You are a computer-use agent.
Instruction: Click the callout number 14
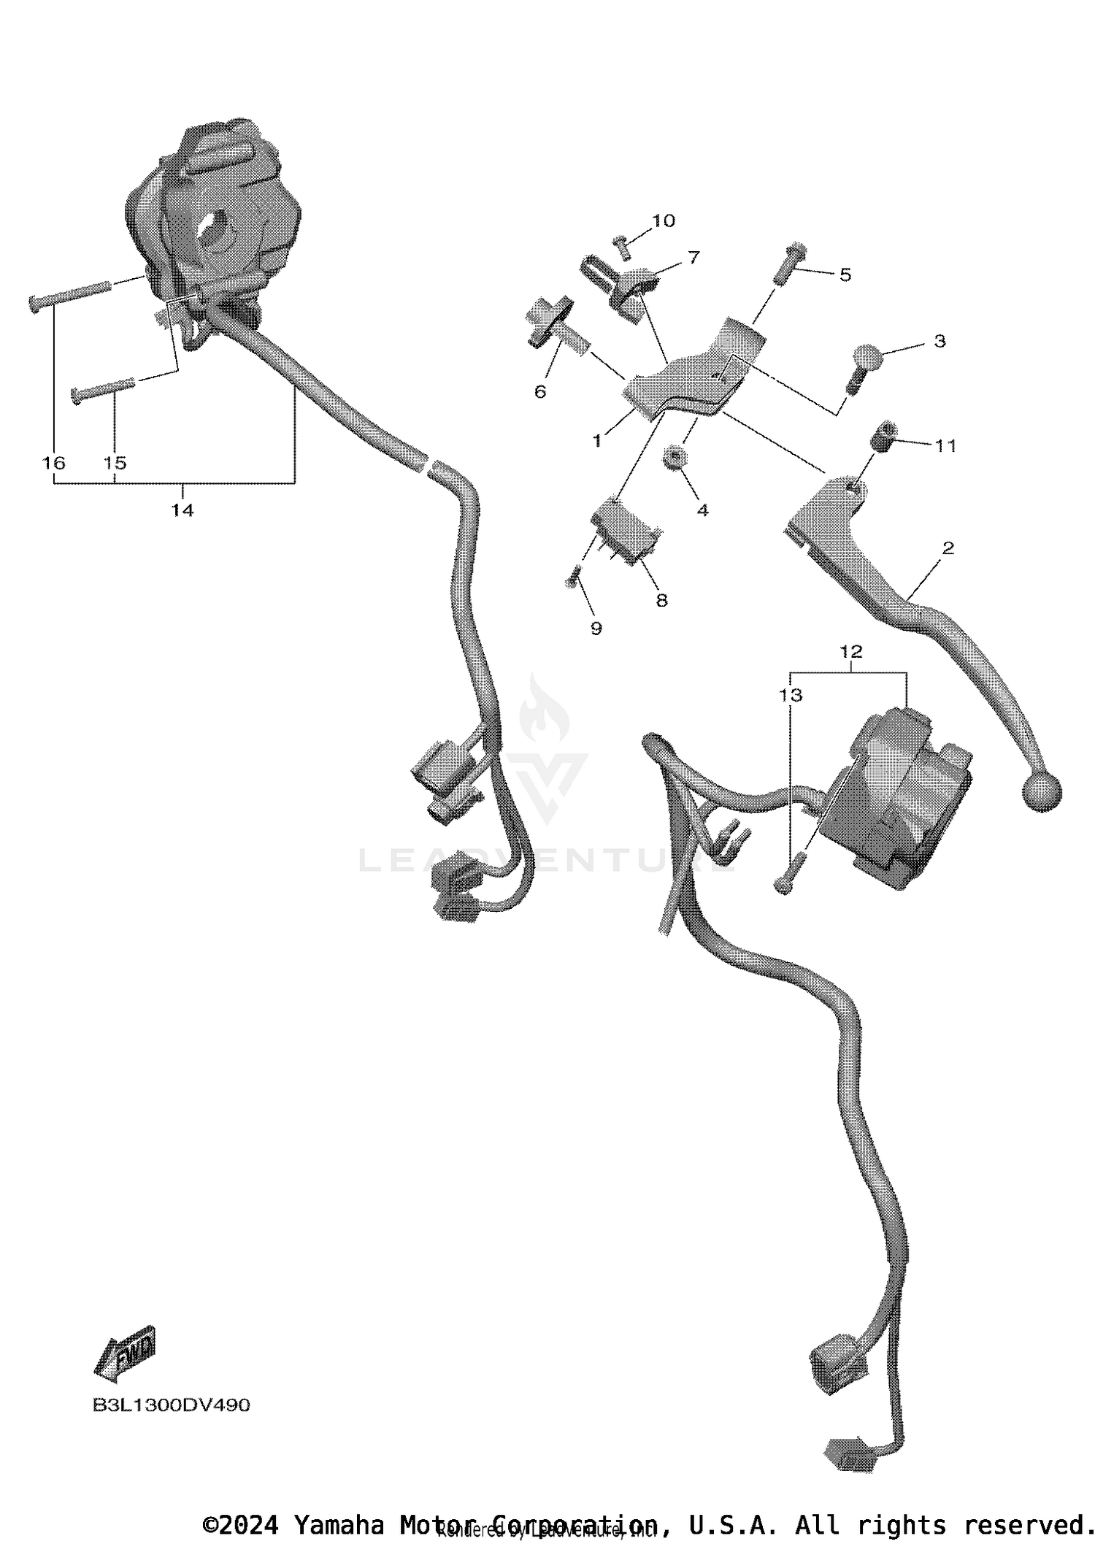point(182,510)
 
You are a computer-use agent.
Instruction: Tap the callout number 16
point(54,463)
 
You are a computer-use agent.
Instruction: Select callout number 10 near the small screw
point(664,220)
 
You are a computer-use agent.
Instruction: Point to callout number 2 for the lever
point(948,548)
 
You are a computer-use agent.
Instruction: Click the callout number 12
point(851,651)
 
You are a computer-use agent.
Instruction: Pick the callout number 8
point(661,600)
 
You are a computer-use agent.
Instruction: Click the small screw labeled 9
point(572,578)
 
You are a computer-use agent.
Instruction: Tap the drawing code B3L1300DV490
point(171,1405)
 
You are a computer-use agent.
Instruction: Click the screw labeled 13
point(788,874)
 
